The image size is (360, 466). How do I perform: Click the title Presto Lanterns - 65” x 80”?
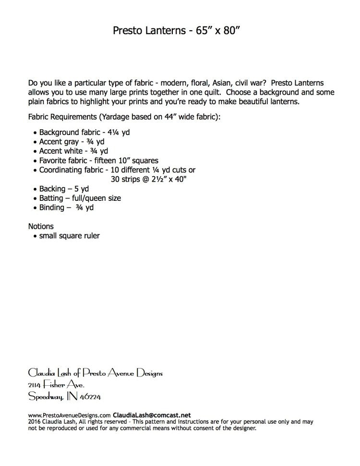(x=180, y=31)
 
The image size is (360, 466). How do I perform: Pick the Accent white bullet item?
(x=70, y=151)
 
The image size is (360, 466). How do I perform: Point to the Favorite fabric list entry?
(x=98, y=160)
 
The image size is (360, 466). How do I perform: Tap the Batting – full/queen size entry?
(x=80, y=198)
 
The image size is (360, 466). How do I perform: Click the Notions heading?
(x=41, y=226)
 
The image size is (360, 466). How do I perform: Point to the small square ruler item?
(x=69, y=236)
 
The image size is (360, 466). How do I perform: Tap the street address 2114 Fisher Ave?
(x=57, y=385)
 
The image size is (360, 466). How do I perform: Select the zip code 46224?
(x=89, y=397)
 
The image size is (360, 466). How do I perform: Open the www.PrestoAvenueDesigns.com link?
(x=70, y=415)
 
